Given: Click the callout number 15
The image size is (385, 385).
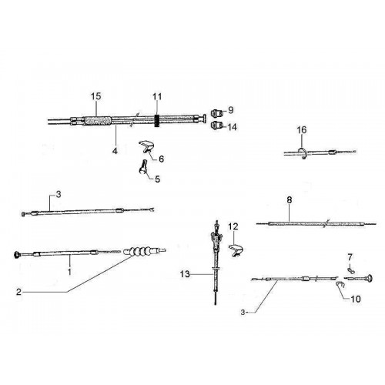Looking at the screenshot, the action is coord(96,96).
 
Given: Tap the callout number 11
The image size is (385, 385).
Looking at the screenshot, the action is coord(157,97).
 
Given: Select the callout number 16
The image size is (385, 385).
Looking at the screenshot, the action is coord(302,130).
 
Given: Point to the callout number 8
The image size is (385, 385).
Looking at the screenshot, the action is coord(290,200).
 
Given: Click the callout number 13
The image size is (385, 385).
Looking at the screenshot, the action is coord(185,274).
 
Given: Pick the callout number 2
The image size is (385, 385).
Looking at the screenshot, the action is coord(18,292).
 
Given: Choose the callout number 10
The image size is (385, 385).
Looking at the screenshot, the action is coord(356,299).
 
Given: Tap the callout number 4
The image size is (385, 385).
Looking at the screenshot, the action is coord(115,151).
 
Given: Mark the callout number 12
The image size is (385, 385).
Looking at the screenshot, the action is coord(233,226).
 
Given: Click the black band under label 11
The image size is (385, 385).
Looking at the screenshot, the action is coord(157,120).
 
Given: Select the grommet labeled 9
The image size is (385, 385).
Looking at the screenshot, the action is coord(216,112).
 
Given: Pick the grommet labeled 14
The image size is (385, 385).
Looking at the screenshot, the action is coord(216,126).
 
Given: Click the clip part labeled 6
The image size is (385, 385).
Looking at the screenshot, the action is coord(146,146).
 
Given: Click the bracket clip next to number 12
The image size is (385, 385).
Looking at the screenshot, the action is coord(236,250).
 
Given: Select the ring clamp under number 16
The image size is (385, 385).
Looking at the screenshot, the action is coord(302,153).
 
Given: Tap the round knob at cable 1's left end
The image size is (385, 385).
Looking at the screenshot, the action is coord(17,255).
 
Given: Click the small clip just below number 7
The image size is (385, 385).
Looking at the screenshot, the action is coord(351,270).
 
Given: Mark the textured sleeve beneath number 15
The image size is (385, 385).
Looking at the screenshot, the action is coord(98,121).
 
